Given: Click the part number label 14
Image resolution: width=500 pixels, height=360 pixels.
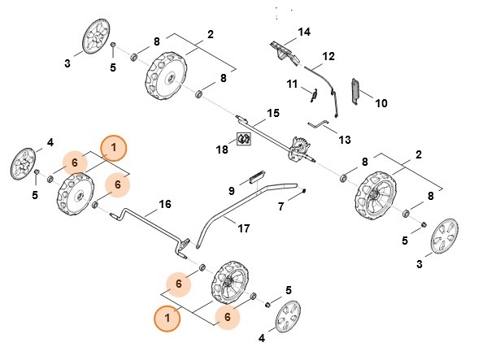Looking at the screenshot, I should tap(304, 32).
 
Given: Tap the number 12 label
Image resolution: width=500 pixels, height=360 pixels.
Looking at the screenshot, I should tap(328, 56).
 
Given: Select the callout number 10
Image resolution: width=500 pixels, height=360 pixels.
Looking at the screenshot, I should tap(381, 103).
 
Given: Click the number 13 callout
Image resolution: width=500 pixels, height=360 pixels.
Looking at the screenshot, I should tap(345, 140).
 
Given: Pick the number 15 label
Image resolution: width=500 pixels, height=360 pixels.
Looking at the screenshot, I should tap(273, 112).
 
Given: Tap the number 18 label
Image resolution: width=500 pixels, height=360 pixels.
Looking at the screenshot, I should tap(223, 150).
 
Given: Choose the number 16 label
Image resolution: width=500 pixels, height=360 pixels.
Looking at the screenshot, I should tap(165, 203).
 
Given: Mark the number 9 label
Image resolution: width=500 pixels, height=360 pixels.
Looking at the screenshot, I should tap(231, 190).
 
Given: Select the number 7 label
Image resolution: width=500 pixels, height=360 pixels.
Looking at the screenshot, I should tap(281, 207).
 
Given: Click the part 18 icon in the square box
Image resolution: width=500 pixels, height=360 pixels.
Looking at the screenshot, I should tap(242, 139).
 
